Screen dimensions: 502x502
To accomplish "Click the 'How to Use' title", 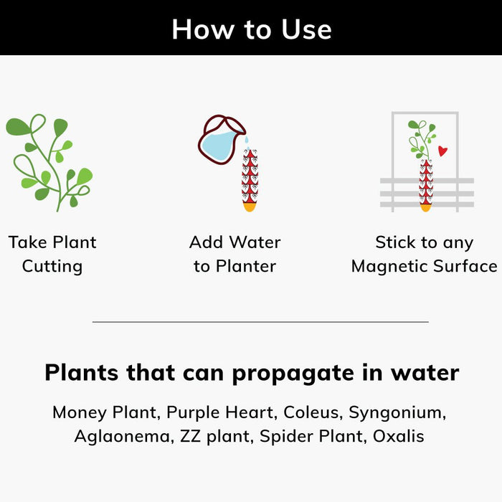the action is [252, 29].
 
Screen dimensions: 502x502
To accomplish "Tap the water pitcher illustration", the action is [222, 140].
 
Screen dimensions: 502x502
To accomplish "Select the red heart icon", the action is [442, 151].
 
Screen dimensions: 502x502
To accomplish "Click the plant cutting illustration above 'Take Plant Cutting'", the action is [49, 163].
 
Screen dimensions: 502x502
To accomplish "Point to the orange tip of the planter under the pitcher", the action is [250, 207].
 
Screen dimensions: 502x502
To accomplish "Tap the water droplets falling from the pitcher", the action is [247, 143].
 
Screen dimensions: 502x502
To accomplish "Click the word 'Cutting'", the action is [52, 266].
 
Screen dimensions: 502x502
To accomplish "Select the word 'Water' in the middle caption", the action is [255, 242].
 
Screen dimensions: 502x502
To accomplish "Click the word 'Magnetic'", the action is [389, 266].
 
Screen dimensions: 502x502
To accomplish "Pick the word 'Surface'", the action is [465, 266].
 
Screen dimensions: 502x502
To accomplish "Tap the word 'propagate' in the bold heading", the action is [293, 374].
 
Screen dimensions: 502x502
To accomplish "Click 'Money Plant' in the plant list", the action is [106, 412].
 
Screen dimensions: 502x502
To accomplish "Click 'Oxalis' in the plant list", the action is [398, 436].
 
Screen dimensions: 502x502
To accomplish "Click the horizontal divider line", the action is [260, 322].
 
